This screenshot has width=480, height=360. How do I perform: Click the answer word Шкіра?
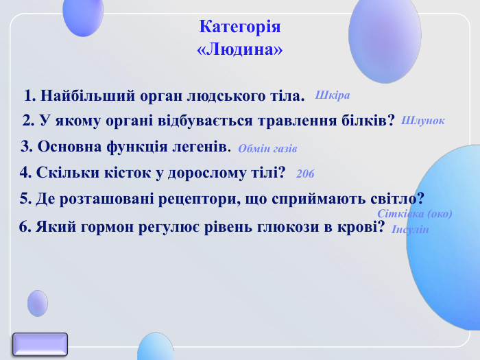333,95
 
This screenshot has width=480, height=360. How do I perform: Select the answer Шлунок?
422,120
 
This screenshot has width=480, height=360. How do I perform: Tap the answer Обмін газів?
267,148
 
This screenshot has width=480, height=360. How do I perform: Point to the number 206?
305,174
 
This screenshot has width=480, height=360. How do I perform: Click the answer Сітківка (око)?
415,213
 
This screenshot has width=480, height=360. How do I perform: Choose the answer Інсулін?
410,229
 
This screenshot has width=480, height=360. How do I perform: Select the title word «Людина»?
240,50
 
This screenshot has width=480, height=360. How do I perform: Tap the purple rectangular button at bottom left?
40,344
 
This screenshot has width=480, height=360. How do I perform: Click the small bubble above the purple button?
38,303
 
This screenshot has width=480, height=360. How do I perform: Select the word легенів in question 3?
200,147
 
